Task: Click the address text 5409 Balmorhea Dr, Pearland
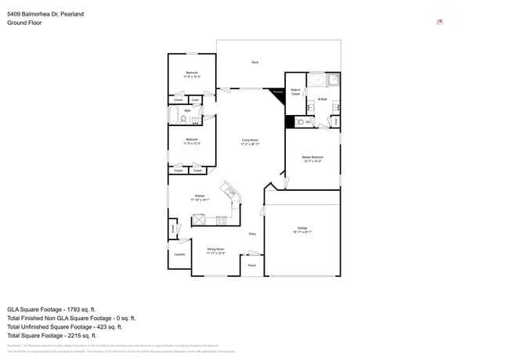[45, 14]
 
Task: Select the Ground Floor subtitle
[24, 23]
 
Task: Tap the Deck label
[254, 62]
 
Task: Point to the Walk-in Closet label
[295, 92]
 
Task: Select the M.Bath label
[322, 99]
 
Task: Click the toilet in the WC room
[301, 122]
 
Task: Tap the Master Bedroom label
[312, 159]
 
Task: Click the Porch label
[252, 266]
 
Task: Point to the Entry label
[252, 234]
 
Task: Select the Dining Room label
[215, 251]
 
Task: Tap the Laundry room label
[179, 254]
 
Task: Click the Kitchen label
[200, 198]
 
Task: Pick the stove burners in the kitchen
[221, 220]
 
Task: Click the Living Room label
[251, 142]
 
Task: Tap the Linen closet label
[195, 100]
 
